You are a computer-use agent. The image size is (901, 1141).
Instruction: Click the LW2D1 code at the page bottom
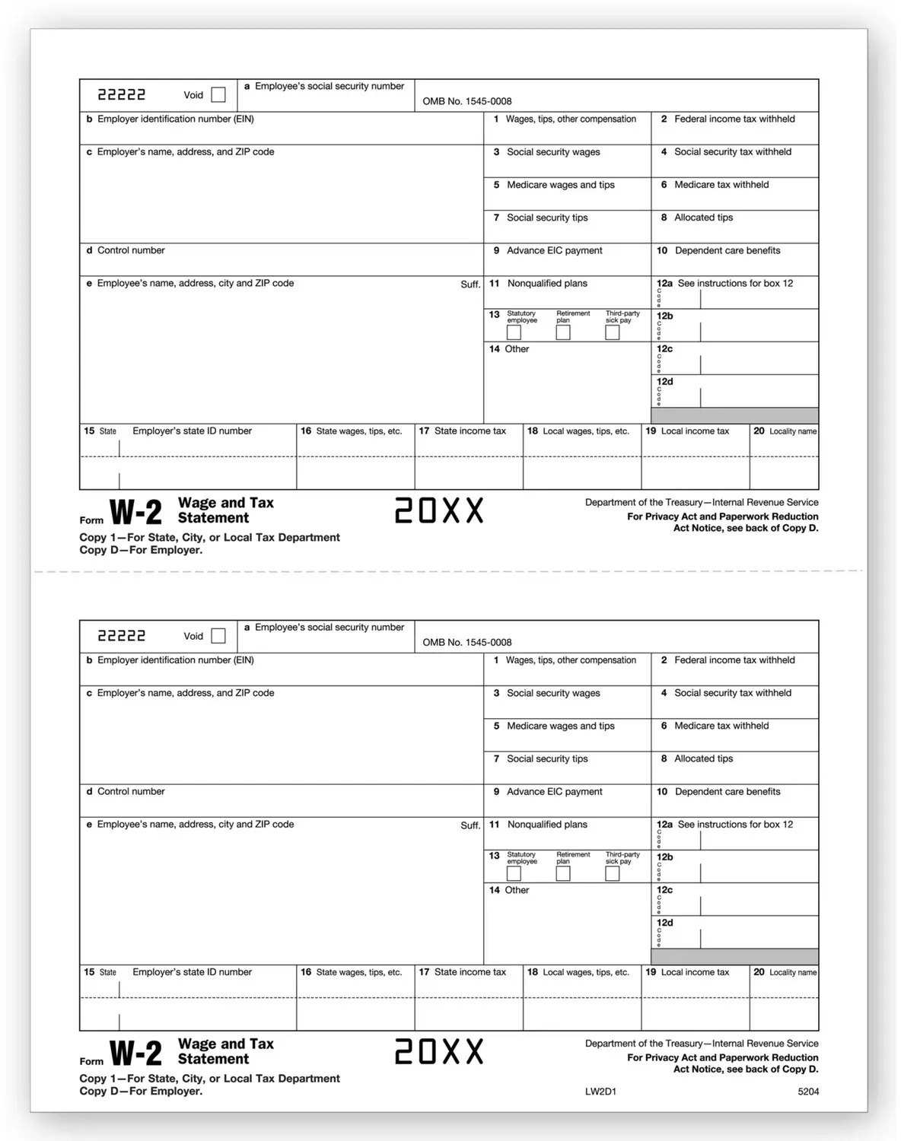(x=600, y=1092)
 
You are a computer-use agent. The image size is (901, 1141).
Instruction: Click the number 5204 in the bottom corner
(x=808, y=1092)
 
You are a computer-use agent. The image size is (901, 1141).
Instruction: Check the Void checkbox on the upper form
(x=218, y=95)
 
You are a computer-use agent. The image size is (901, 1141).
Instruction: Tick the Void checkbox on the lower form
(x=218, y=636)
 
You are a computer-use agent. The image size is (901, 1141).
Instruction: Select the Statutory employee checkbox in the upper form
(x=514, y=332)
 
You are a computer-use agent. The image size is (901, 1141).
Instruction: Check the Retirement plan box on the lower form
(x=563, y=873)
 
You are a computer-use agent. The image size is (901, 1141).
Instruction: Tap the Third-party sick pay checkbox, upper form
(x=613, y=332)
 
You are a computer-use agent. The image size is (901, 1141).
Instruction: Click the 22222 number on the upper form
(x=122, y=95)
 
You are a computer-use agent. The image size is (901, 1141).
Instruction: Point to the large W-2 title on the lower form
(x=135, y=1054)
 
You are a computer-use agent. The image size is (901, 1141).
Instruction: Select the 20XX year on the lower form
(x=439, y=1052)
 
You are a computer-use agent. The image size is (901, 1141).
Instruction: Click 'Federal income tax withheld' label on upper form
(x=734, y=119)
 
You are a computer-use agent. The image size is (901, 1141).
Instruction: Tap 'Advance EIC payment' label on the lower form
(x=554, y=792)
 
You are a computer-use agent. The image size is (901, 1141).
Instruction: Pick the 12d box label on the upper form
(x=665, y=382)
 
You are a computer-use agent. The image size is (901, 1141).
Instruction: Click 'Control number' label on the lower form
(x=131, y=792)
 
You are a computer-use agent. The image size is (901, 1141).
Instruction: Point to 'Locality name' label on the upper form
(x=792, y=431)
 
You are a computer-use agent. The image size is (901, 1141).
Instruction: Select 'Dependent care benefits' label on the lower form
(x=727, y=792)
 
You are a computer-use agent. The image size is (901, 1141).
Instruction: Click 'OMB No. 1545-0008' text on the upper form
(x=467, y=101)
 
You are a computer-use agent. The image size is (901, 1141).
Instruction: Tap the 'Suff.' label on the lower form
(x=470, y=825)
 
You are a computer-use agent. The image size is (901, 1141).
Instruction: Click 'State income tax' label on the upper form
(x=470, y=431)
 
